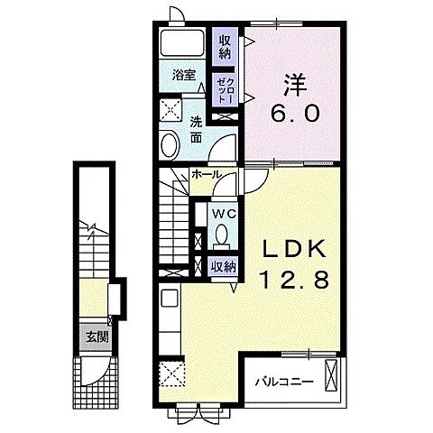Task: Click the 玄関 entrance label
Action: click(x=97, y=337)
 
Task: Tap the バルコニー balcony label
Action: click(x=284, y=382)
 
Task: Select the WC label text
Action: click(x=224, y=214)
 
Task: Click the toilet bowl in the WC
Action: click(x=222, y=234)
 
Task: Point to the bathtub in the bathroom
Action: click(x=182, y=42)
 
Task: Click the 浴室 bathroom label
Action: click(x=184, y=75)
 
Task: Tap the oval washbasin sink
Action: click(x=170, y=144)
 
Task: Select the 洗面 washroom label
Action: click(x=196, y=129)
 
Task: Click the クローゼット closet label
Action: click(x=225, y=90)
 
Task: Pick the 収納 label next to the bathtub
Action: click(x=225, y=47)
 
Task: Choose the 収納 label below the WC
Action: click(x=223, y=267)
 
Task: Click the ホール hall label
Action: click(x=207, y=174)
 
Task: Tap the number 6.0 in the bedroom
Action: click(x=294, y=114)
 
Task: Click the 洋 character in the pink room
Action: click(x=295, y=85)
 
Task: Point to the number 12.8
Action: click(x=295, y=280)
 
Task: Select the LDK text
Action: click(x=295, y=249)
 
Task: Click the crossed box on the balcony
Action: click(x=331, y=374)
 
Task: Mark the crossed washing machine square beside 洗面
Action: click(x=170, y=109)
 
